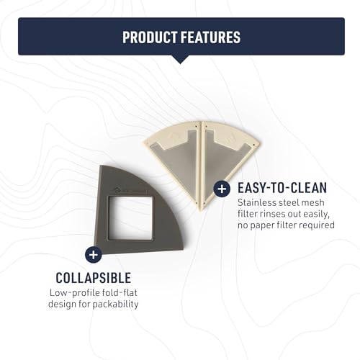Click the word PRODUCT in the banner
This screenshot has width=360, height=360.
[150, 37]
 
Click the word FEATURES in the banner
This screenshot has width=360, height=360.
[210, 37]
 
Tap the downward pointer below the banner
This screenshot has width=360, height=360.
[180, 60]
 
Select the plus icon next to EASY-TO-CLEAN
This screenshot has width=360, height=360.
[222, 189]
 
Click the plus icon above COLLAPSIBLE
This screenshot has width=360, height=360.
[94, 254]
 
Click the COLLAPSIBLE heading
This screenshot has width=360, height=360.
[94, 278]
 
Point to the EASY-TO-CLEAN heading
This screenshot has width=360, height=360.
[282, 188]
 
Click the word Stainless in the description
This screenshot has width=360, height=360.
[256, 203]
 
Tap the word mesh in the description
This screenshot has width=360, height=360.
[313, 203]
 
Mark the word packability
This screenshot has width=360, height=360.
[115, 305]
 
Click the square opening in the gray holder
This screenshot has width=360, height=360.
[130, 218]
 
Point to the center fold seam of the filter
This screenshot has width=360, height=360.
[201, 166]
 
